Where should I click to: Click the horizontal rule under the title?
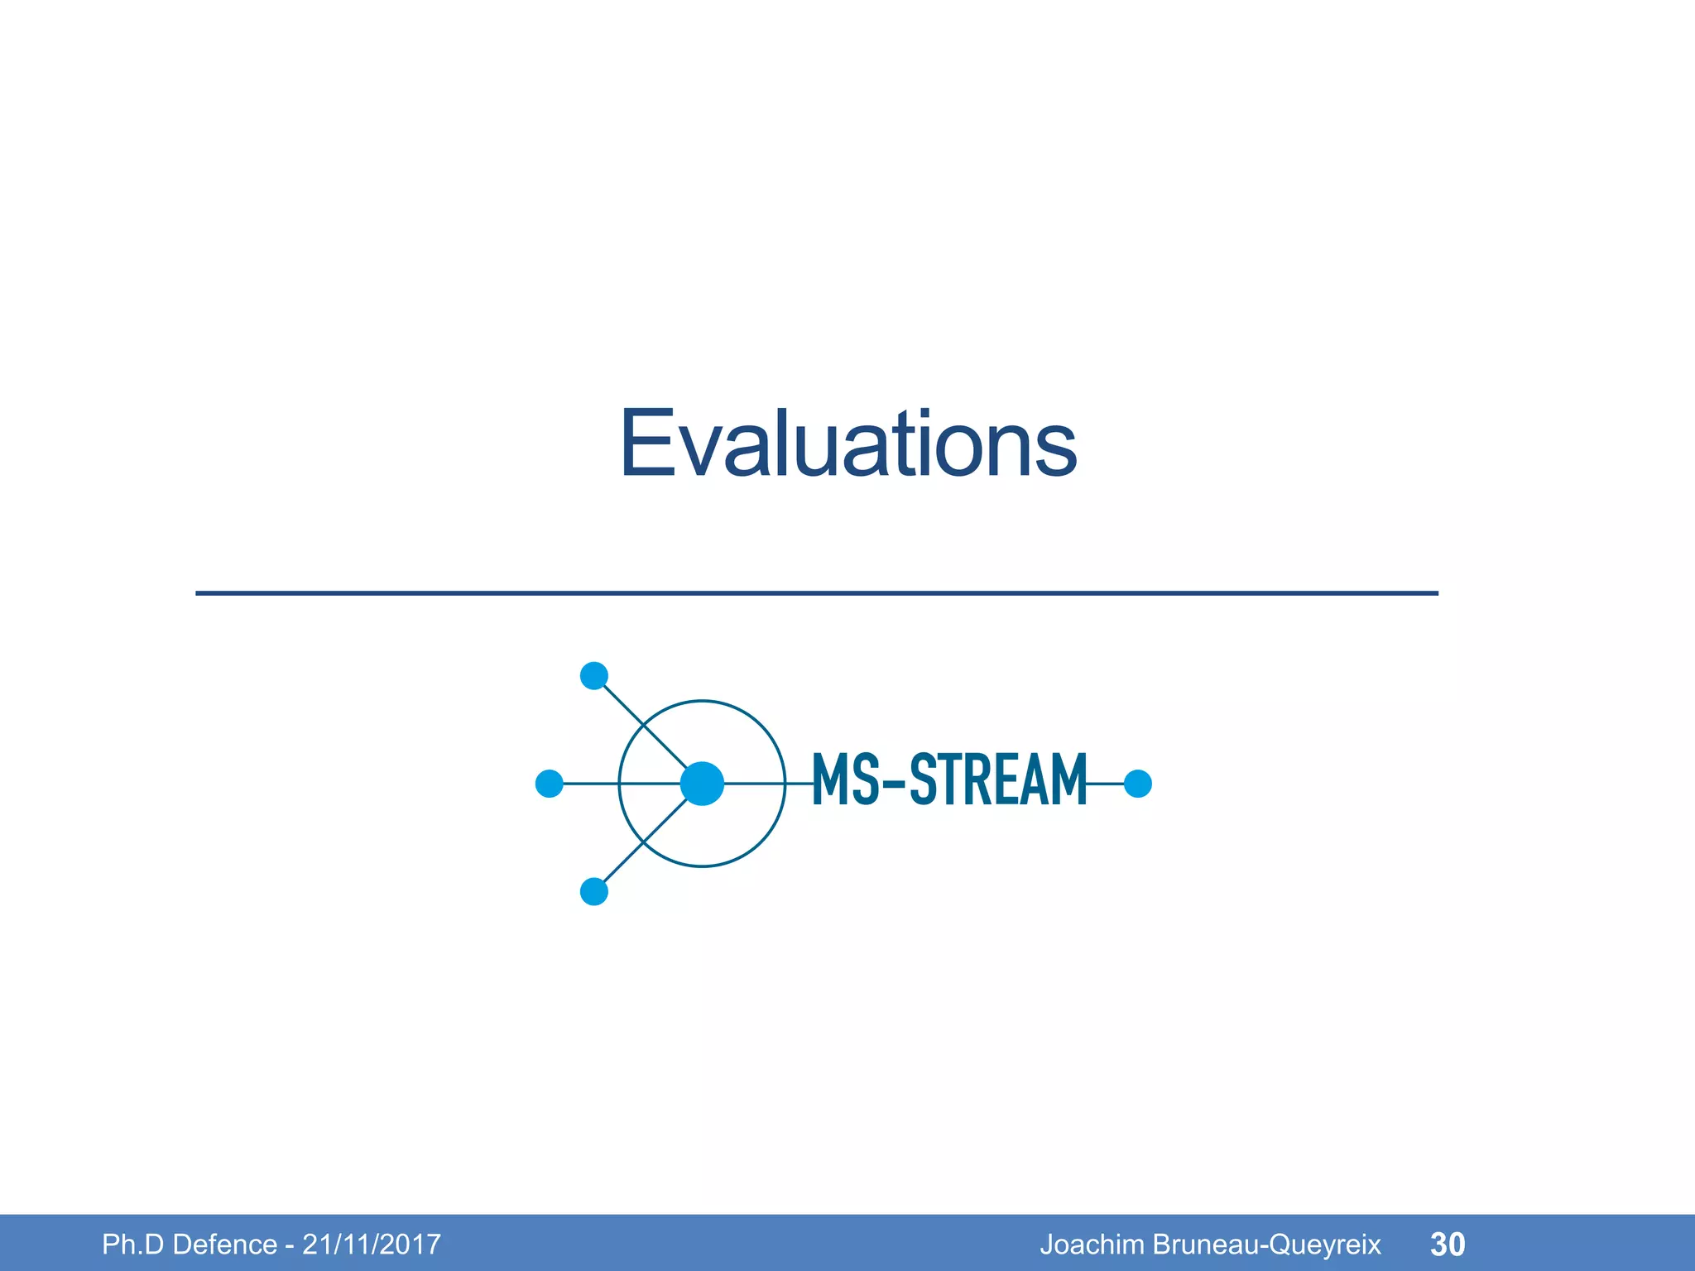pos(816,593)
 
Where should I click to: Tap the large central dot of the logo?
pos(702,783)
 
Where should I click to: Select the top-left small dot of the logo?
pos(594,676)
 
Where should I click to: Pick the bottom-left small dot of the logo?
pos(594,891)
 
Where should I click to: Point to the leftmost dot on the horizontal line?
pos(550,783)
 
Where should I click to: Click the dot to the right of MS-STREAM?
pos(1138,783)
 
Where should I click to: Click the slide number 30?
pos(1448,1245)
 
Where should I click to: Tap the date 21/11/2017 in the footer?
pos(372,1245)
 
